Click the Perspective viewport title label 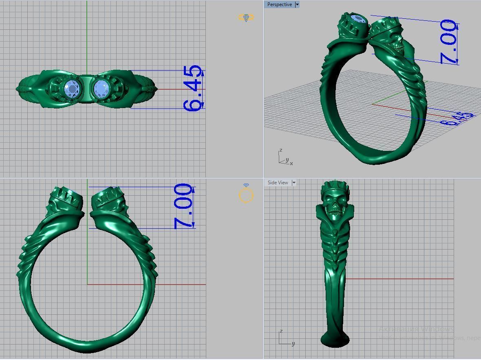coord(279,4)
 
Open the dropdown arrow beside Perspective coord(297,4)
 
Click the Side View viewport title coord(278,183)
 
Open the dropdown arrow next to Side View coord(293,183)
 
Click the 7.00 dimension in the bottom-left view coord(183,206)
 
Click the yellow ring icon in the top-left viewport coord(246,18)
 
